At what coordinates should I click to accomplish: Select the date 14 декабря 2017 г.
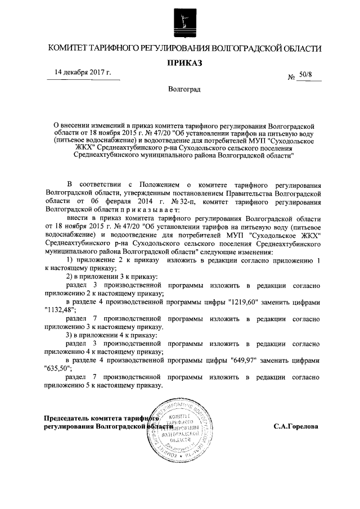pyautogui.click(x=83, y=73)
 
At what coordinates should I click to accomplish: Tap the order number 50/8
pyautogui.click(x=309, y=74)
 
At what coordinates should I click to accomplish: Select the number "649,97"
pyautogui.click(x=243, y=361)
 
